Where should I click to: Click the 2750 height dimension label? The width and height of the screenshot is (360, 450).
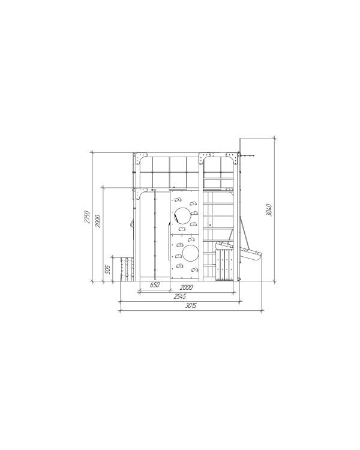(x=87, y=217)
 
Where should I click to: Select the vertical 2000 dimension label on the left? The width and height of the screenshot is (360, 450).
(x=98, y=221)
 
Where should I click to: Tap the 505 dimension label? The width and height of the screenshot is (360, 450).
(x=107, y=269)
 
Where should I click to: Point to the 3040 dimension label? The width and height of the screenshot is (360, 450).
(x=269, y=210)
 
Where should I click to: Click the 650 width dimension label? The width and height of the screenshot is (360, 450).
(x=155, y=285)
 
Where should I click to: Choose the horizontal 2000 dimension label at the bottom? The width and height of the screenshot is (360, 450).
(x=187, y=287)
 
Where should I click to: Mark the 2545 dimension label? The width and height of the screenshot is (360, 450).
(x=180, y=296)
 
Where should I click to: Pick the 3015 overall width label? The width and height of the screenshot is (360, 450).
(x=191, y=305)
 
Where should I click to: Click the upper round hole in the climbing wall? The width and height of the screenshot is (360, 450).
(x=182, y=215)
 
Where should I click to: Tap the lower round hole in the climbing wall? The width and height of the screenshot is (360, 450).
(x=191, y=253)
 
